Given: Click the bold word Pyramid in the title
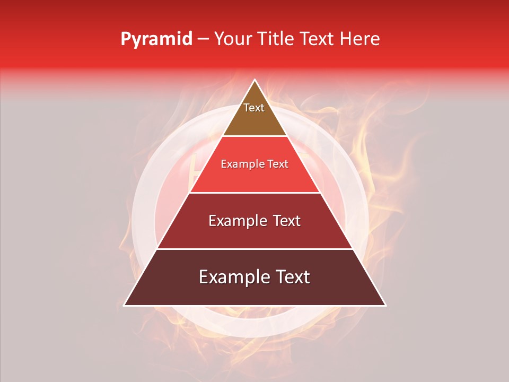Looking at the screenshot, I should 156,39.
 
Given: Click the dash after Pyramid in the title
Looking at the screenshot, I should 203,39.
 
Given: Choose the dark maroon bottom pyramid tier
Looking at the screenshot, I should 254,292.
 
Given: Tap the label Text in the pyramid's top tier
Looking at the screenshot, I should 254,108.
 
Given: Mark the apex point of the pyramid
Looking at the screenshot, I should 254,80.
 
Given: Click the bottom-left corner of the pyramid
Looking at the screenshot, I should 125,305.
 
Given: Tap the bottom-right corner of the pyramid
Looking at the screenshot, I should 385,305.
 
